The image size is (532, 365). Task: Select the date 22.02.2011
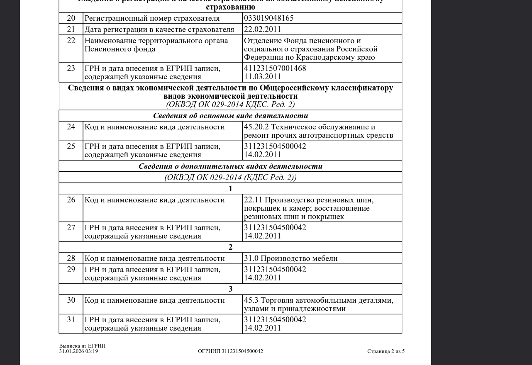(x=262, y=29)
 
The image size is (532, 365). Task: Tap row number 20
(x=71, y=18)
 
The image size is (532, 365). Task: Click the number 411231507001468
(x=275, y=68)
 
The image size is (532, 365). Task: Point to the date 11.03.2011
(x=262, y=77)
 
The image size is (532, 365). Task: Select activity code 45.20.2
(x=256, y=127)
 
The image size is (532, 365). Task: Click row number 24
(x=71, y=127)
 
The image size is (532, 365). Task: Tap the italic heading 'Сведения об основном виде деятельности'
(x=230, y=116)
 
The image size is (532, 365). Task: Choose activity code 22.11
(x=253, y=200)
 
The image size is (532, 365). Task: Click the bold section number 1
(x=230, y=189)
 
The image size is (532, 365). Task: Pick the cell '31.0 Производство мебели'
(x=290, y=258)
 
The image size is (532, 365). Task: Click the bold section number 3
(x=230, y=289)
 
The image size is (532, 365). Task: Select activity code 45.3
(x=251, y=300)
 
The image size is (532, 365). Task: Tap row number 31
(x=71, y=320)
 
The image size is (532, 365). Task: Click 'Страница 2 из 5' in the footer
(x=386, y=351)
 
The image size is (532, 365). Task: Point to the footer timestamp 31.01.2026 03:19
(x=78, y=351)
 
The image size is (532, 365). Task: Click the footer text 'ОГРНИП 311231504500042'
(x=230, y=351)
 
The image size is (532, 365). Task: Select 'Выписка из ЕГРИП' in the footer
(x=82, y=346)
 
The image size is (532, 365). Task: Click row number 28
(x=71, y=258)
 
